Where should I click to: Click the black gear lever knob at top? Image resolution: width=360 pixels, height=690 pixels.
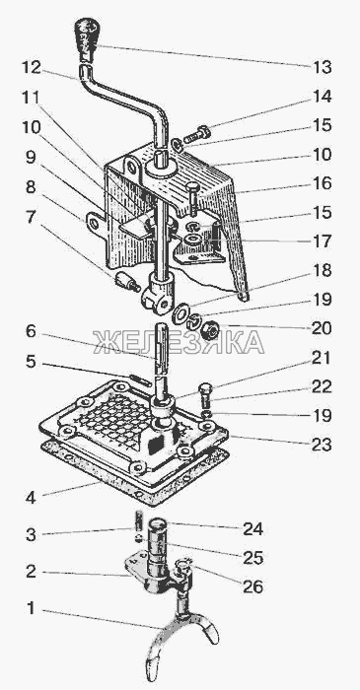click(87, 37)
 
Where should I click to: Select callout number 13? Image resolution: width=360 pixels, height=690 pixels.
click(323, 67)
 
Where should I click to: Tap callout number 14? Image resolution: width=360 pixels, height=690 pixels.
click(323, 97)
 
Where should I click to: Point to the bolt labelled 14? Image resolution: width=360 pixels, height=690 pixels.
click(197, 134)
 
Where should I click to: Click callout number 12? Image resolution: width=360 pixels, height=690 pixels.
click(32, 67)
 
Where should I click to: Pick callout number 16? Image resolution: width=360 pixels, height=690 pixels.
click(323, 183)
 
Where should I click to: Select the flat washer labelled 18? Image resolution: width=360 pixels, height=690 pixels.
click(180, 313)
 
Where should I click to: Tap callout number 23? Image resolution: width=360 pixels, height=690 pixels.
click(322, 445)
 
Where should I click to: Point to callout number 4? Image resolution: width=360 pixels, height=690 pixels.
click(31, 499)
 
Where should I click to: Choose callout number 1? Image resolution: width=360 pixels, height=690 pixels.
click(31, 608)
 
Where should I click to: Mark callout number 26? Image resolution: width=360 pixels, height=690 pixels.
click(253, 586)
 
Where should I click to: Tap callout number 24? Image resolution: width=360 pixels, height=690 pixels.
click(253, 528)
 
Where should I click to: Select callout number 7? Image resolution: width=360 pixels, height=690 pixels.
click(30, 217)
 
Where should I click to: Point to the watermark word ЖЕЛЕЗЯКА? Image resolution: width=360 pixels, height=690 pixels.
click(179, 342)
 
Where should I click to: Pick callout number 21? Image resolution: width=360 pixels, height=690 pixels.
click(321, 358)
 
